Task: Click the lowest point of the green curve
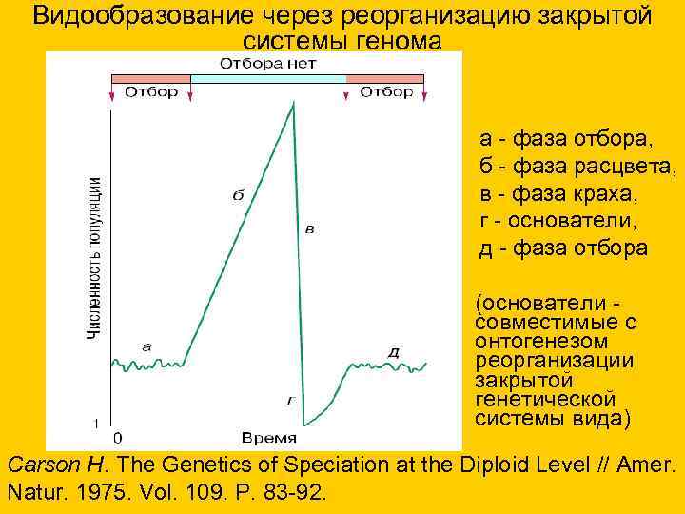coord(304,425)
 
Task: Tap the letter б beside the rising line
coord(238,195)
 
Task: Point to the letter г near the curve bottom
coord(290,402)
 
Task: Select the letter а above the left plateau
coord(146,346)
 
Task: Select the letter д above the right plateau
coord(394,353)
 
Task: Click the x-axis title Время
coord(268,439)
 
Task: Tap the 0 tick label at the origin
coord(117,439)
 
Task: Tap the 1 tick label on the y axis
coord(96,422)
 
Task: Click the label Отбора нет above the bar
coord(268,64)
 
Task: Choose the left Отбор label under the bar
coord(150,92)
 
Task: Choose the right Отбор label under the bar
coord(386,92)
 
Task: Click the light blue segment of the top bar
coord(268,78)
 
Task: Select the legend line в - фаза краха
coord(558,194)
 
